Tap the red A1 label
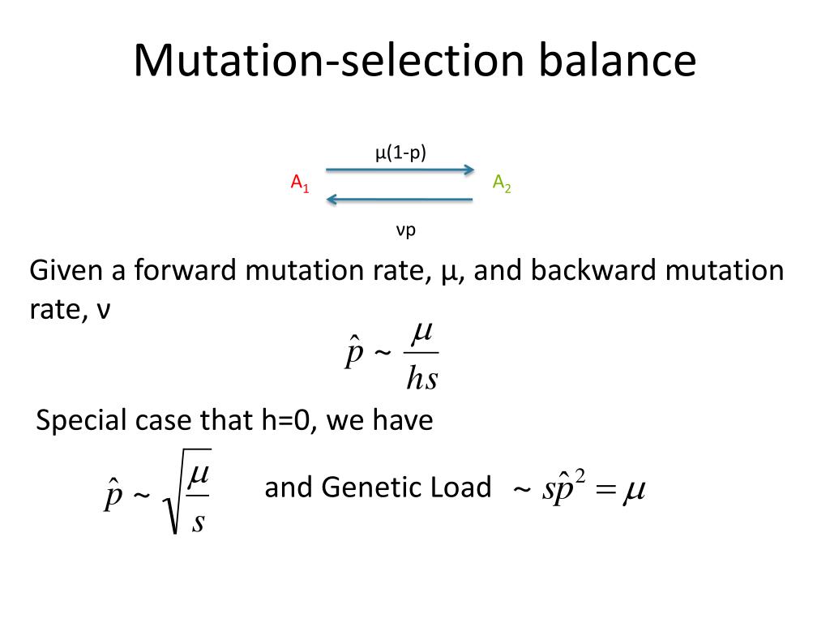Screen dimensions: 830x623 (300, 183)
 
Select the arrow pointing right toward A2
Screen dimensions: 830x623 (400, 170)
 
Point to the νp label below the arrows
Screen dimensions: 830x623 (405, 230)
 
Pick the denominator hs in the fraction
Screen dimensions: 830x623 (421, 379)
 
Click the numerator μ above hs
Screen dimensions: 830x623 (422, 332)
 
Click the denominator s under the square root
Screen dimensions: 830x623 (198, 522)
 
